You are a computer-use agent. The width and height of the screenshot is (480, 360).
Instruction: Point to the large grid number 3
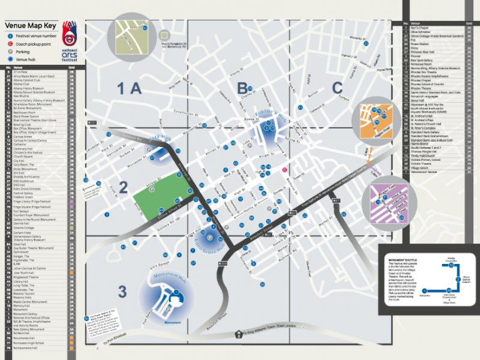point(122,292)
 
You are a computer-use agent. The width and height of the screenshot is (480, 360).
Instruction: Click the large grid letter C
point(338,88)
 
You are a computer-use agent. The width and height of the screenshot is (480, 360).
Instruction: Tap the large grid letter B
point(242,88)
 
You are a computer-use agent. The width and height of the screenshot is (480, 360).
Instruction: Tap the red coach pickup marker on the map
point(284,170)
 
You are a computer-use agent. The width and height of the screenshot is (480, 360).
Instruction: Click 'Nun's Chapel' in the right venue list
point(420,28)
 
